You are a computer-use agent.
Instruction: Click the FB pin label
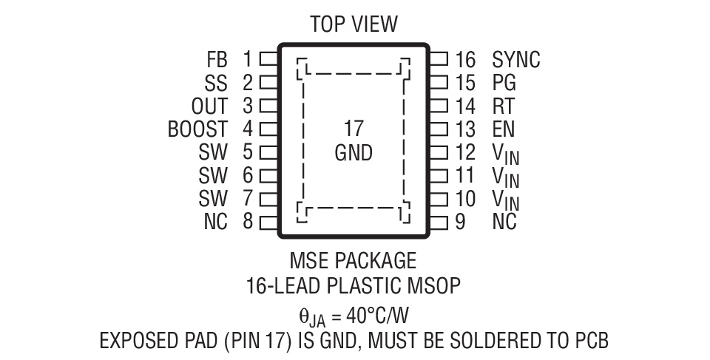point(217,59)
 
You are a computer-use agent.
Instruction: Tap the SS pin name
point(217,82)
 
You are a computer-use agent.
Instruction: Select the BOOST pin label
point(197,129)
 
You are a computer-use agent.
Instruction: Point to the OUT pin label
point(210,106)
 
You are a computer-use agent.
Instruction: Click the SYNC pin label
point(515,59)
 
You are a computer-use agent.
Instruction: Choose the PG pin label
point(504,82)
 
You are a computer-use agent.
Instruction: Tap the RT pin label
point(503,106)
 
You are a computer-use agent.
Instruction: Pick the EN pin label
point(503,129)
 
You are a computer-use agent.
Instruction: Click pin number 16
point(464,59)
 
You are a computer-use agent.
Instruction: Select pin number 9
point(460,222)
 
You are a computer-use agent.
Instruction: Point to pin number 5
point(248,152)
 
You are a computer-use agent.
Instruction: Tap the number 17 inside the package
point(354,129)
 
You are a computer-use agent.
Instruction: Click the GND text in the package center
point(354,153)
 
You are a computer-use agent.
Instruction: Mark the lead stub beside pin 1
point(268,59)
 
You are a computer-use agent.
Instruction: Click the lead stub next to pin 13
point(439,129)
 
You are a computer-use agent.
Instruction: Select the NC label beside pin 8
point(216,222)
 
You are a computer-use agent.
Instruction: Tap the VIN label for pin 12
point(505,154)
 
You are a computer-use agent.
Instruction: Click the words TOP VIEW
point(354,24)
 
